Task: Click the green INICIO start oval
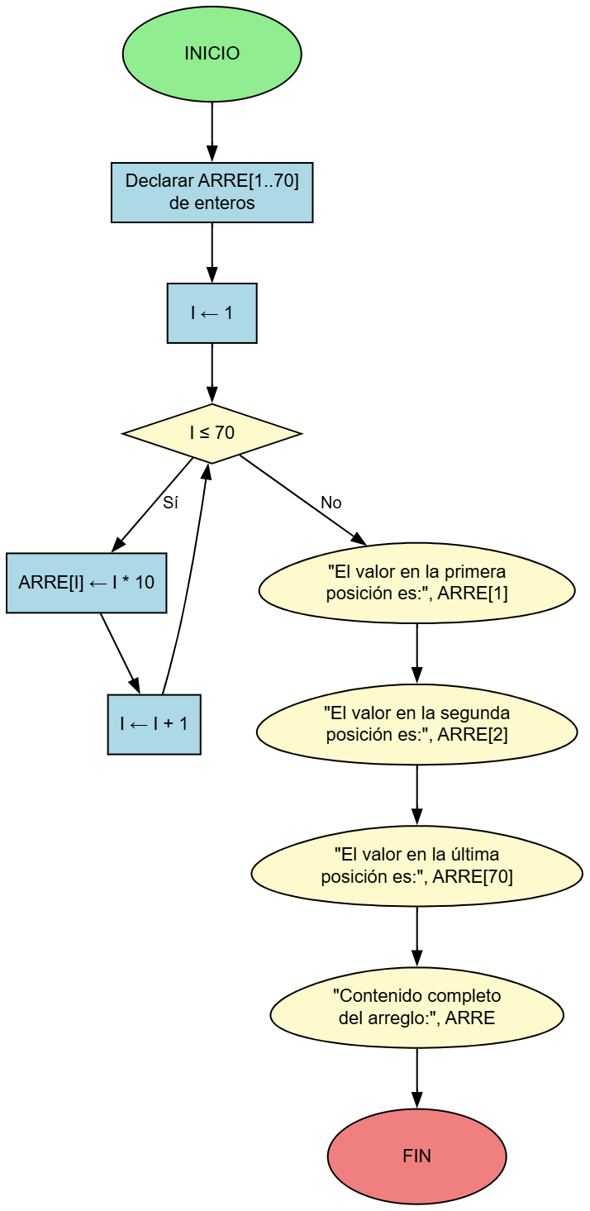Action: coord(212,54)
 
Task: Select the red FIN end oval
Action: coord(416,1156)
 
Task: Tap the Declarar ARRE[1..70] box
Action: coord(212,192)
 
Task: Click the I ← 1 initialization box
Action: coord(212,313)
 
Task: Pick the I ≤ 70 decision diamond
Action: coord(212,433)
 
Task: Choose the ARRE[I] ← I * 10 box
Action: coord(86,583)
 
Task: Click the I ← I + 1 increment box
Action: coord(154,724)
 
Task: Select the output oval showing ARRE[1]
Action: coord(416,583)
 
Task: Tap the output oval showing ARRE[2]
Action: coord(416,724)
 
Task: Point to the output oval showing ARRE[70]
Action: coord(416,865)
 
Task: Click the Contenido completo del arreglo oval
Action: coord(416,1007)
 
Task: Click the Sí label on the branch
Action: coord(170,503)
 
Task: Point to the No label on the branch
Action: coord(331,503)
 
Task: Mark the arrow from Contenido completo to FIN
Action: coord(416,1078)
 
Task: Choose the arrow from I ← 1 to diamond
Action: coord(212,373)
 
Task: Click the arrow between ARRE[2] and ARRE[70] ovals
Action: coord(416,794)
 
